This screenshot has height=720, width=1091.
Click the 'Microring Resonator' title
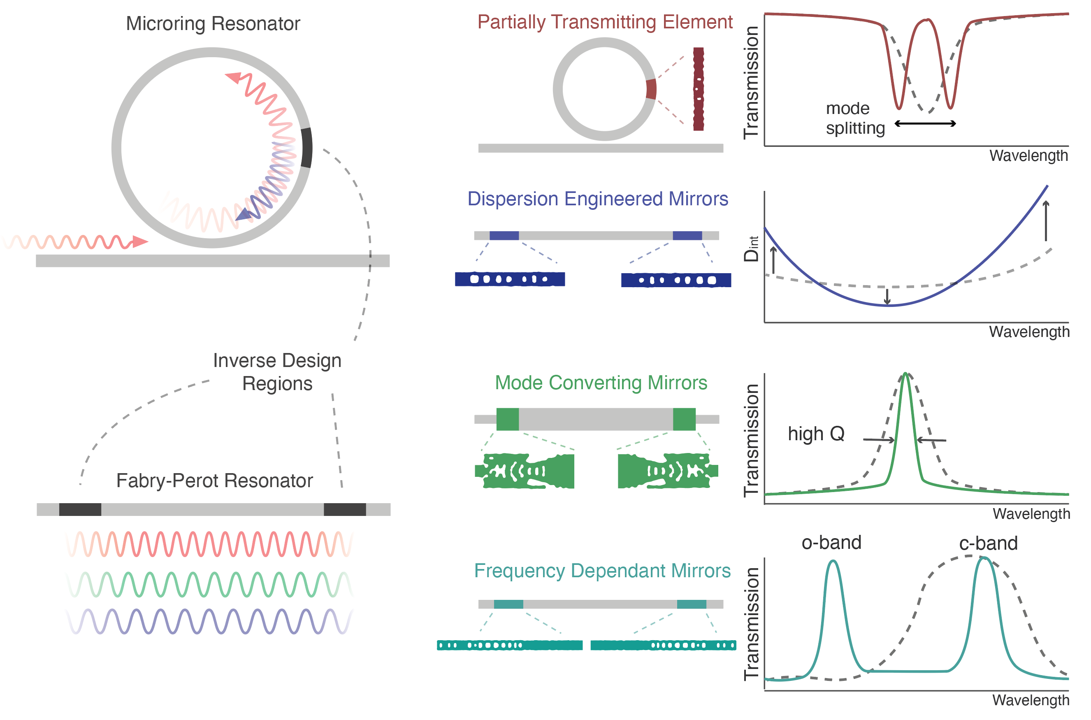click(x=213, y=23)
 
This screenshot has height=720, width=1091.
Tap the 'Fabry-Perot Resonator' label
click(x=214, y=481)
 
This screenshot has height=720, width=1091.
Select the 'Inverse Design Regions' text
click(x=277, y=372)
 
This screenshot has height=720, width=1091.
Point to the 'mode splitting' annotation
click(x=854, y=118)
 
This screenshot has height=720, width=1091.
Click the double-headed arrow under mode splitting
click(x=925, y=123)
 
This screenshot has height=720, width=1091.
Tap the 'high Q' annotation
click(x=816, y=434)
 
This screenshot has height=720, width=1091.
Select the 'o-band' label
click(x=831, y=543)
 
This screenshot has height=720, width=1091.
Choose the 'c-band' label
click(x=988, y=543)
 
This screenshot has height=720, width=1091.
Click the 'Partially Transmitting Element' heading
click(x=605, y=22)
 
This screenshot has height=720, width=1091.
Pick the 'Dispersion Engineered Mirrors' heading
click(x=597, y=199)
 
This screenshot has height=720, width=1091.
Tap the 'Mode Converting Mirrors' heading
click(x=601, y=383)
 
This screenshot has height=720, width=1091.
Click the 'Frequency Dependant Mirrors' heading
click(x=602, y=571)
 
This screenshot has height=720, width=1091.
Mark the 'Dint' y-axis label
click(x=751, y=249)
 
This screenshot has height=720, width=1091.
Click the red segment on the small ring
click(x=651, y=89)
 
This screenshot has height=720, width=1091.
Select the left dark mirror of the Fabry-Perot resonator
click(x=80, y=509)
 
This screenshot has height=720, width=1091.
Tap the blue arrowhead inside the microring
click(x=244, y=214)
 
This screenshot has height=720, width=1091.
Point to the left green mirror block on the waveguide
click(x=507, y=419)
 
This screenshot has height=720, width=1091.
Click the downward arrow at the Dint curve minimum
click(x=887, y=297)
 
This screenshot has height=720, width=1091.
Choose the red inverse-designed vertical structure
click(x=698, y=89)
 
